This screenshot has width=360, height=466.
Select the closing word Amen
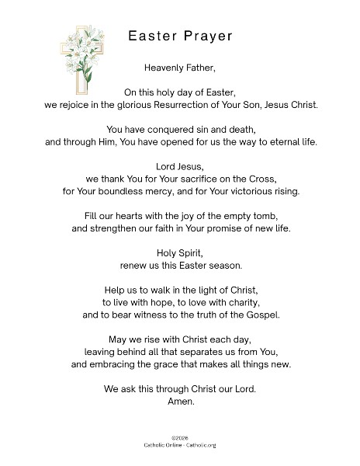point(181,402)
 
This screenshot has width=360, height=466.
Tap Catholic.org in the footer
point(205,447)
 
